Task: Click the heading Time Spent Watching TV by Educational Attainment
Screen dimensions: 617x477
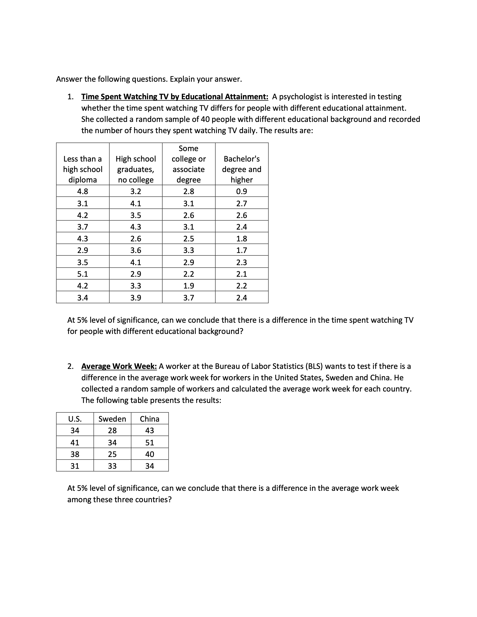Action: tap(175, 97)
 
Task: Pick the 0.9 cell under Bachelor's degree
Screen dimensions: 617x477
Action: tap(242, 191)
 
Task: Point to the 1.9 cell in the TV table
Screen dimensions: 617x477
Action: tap(189, 286)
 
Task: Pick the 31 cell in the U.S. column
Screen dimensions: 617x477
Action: tap(75, 466)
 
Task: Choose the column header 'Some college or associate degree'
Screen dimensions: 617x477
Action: tap(189, 164)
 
